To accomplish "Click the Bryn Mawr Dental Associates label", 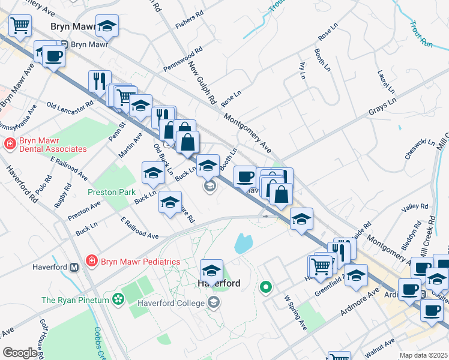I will (53, 145).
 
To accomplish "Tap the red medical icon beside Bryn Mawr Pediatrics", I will (91, 262).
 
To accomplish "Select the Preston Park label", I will (112, 193).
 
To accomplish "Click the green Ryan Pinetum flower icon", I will (118, 298).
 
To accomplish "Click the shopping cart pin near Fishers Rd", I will (20, 26).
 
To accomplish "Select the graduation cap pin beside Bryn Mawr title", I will (107, 26).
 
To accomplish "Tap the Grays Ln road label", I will (382, 109).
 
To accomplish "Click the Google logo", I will (20, 353).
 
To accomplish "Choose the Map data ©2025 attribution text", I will (423, 355).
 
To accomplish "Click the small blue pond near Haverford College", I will (244, 243).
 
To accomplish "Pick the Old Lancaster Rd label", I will (70, 105).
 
